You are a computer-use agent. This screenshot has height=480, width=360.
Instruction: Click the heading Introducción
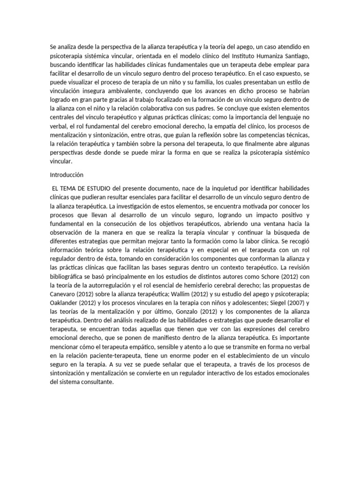point(66,175)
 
